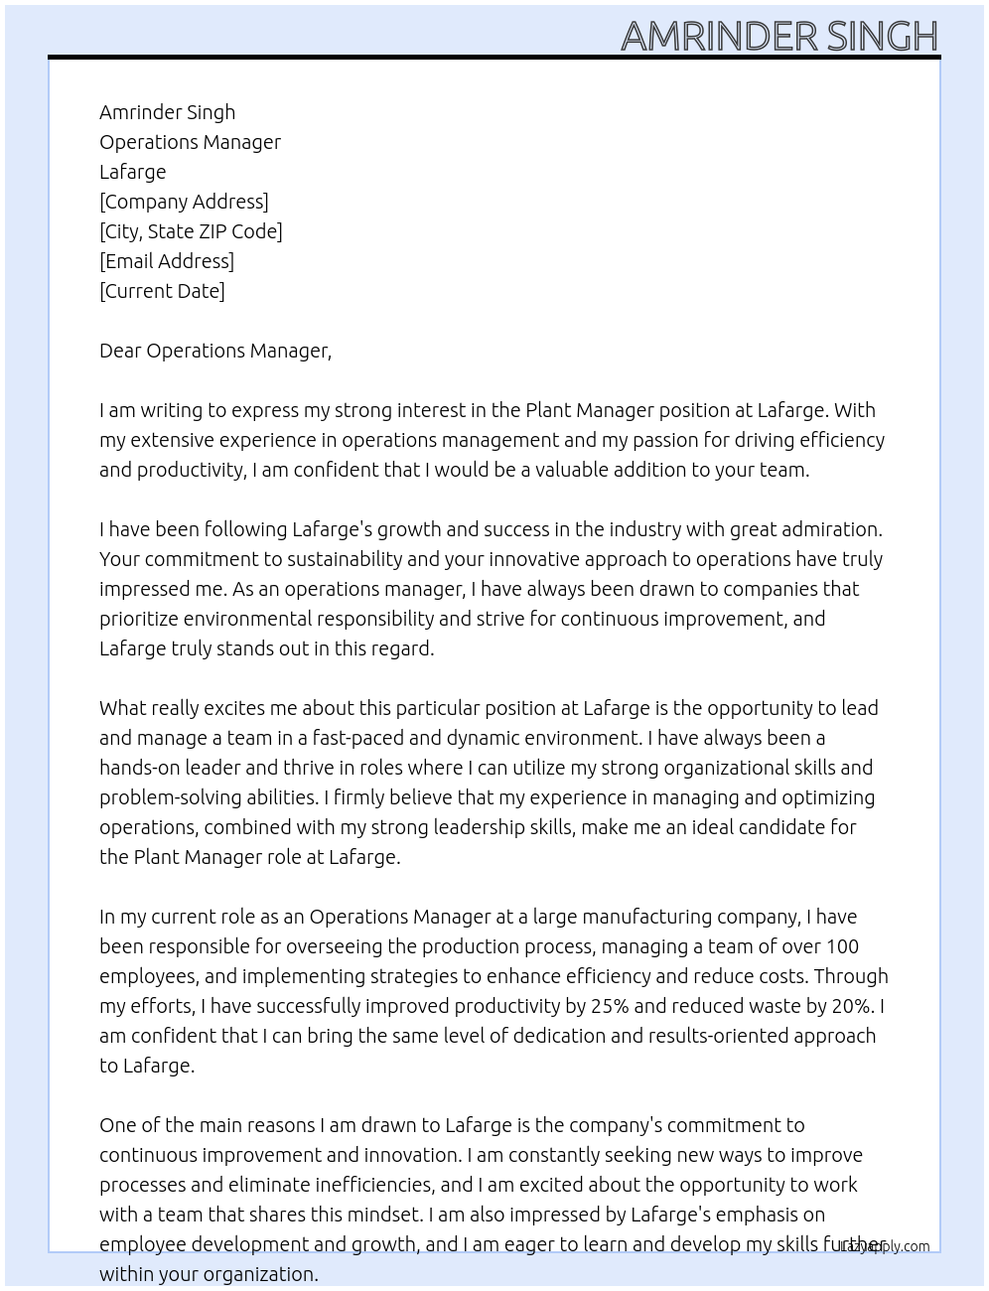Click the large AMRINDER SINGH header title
click(x=779, y=36)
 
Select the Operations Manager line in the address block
click(x=190, y=142)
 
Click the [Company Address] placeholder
click(x=184, y=202)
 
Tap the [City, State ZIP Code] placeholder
click(x=191, y=231)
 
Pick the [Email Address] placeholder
click(x=167, y=261)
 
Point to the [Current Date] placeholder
click(x=162, y=291)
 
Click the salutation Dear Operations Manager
click(x=214, y=351)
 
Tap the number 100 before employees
click(x=842, y=946)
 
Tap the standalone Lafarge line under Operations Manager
click(x=133, y=172)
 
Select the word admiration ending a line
click(x=832, y=529)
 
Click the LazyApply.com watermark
click(x=886, y=1246)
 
